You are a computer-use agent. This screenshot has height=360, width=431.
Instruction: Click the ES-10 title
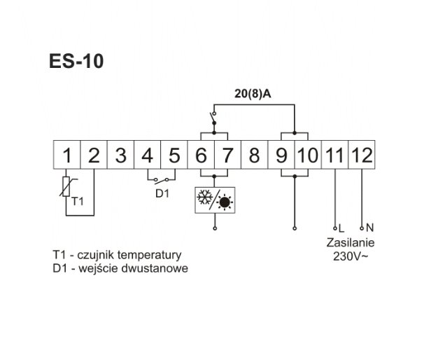pos(77,62)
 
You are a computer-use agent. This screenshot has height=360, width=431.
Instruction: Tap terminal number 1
pos(66,154)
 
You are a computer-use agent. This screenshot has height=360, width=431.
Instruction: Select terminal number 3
pos(121,154)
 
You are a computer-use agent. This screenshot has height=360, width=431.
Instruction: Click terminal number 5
pos(174,154)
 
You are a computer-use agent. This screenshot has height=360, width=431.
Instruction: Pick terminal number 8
pos(254,154)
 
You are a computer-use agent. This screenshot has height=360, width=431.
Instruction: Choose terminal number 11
pos(334,154)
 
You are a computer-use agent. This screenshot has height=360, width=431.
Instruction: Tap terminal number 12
pos(361,154)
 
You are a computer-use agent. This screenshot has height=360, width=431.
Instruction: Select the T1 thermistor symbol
pos(67,188)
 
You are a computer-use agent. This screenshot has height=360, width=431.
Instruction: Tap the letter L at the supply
pos(341,228)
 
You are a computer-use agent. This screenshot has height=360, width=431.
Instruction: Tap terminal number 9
pos(281,154)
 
